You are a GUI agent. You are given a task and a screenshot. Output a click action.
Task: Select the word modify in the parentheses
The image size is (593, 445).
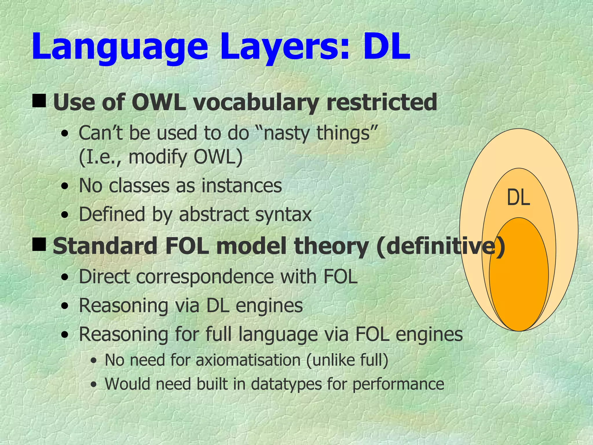[x=158, y=157]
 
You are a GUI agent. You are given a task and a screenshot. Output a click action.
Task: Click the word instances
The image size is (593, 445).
[x=241, y=186]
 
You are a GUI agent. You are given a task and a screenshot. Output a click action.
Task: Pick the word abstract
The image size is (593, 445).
[x=214, y=215]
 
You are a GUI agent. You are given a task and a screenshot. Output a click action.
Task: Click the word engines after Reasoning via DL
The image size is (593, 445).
[x=269, y=305]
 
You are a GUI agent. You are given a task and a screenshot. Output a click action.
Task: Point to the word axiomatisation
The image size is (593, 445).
[x=248, y=360]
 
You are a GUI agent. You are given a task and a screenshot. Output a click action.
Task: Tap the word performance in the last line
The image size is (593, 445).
[x=398, y=384]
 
